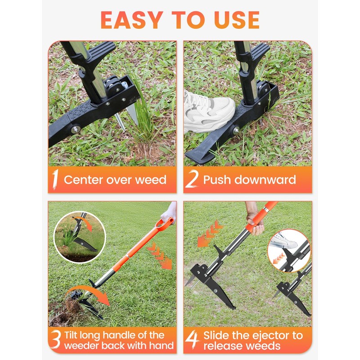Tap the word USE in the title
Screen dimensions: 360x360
coord(234,19)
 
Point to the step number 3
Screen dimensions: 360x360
coord(56,340)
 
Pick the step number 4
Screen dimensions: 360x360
coord(193,340)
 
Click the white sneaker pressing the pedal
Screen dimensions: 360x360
coord(209,113)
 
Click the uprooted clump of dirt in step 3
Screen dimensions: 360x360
coord(72,310)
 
